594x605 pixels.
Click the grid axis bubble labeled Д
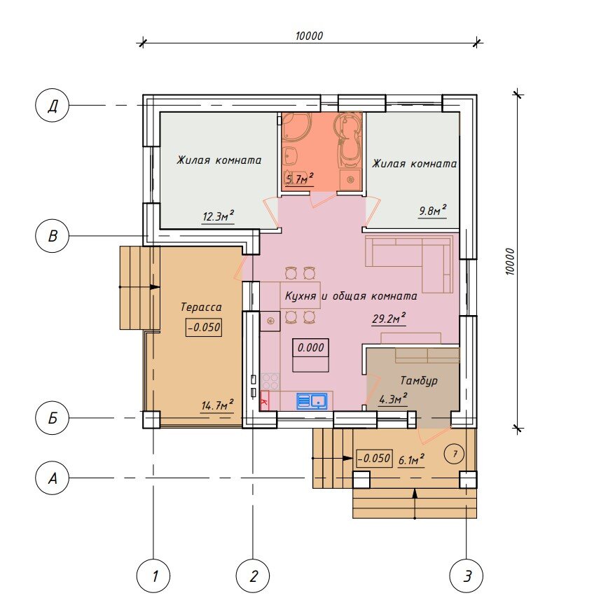[x=52, y=105]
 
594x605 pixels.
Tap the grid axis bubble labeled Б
[x=52, y=418]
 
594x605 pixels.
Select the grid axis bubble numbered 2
[x=253, y=576]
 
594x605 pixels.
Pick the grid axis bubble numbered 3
[x=467, y=576]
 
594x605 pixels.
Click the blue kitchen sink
[x=312, y=401]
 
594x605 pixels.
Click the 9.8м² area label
[x=433, y=211]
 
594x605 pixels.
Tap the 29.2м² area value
[x=389, y=319]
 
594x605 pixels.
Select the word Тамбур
[x=419, y=380]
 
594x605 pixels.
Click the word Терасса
[x=201, y=307]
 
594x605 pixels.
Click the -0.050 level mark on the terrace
[x=203, y=327]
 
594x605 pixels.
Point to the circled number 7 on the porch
[x=455, y=454]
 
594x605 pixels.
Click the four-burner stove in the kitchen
[x=270, y=382]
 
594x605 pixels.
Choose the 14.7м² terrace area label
[x=217, y=405]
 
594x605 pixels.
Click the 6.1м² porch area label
[x=411, y=459]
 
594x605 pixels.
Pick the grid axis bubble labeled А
[x=52, y=478]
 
